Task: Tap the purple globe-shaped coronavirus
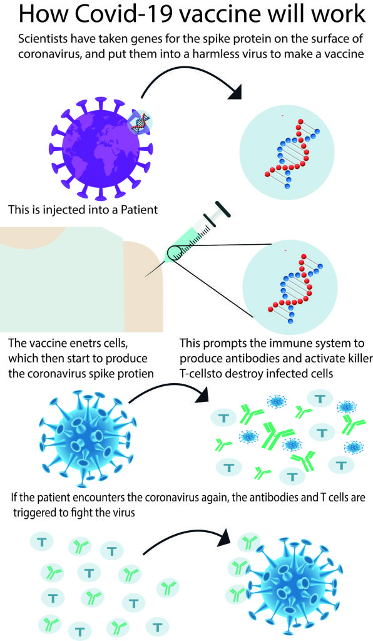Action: click(101, 149)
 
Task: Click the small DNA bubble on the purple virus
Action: click(140, 121)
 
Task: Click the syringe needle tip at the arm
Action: click(146, 276)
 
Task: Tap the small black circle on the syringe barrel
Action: click(176, 254)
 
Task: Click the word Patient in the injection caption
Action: click(137, 210)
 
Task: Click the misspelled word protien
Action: click(136, 374)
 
